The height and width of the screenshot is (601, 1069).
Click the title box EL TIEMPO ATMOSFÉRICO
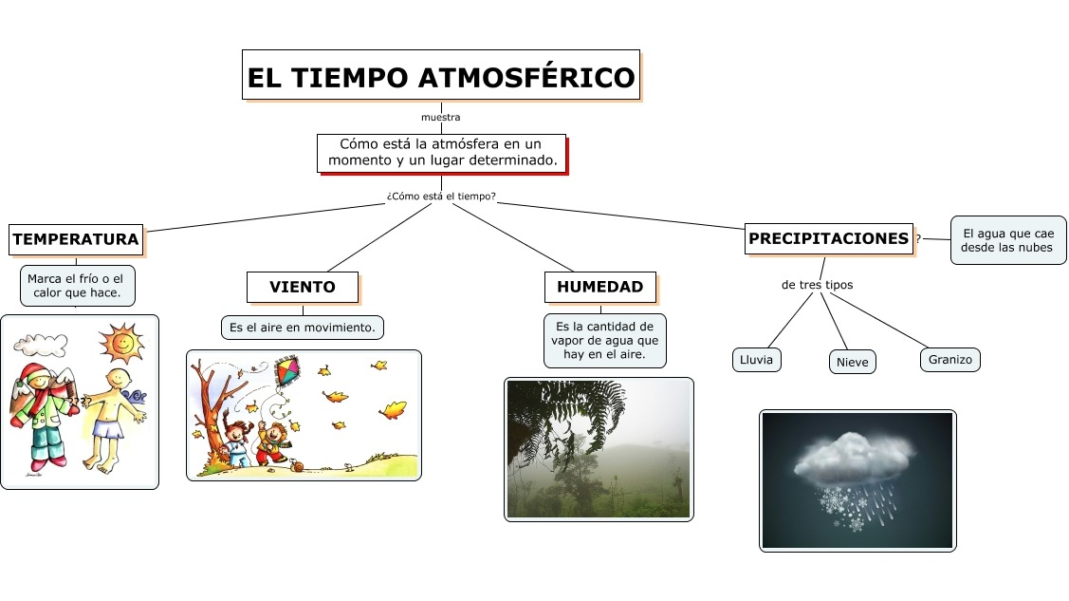point(441,75)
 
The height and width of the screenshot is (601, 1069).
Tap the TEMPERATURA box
point(76,239)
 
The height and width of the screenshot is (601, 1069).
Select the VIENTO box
point(303,287)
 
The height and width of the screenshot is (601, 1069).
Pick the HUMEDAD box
point(599,287)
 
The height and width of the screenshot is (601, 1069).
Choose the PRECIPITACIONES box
point(829,239)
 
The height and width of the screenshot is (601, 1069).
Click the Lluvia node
point(757,360)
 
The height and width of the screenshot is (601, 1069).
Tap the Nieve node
point(853,362)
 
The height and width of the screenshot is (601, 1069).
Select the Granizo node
point(950,360)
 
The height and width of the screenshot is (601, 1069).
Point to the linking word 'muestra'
point(441,118)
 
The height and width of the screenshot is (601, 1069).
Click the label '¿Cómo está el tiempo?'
point(441,197)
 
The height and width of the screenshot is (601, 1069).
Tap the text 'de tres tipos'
point(817,285)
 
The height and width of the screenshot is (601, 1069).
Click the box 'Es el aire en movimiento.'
point(303,328)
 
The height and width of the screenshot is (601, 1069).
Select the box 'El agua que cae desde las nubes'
point(1007,239)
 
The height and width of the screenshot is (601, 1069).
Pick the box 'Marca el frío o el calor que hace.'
point(76,286)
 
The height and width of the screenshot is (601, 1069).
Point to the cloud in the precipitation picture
point(854,458)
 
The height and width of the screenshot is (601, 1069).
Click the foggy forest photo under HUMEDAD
point(599,449)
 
